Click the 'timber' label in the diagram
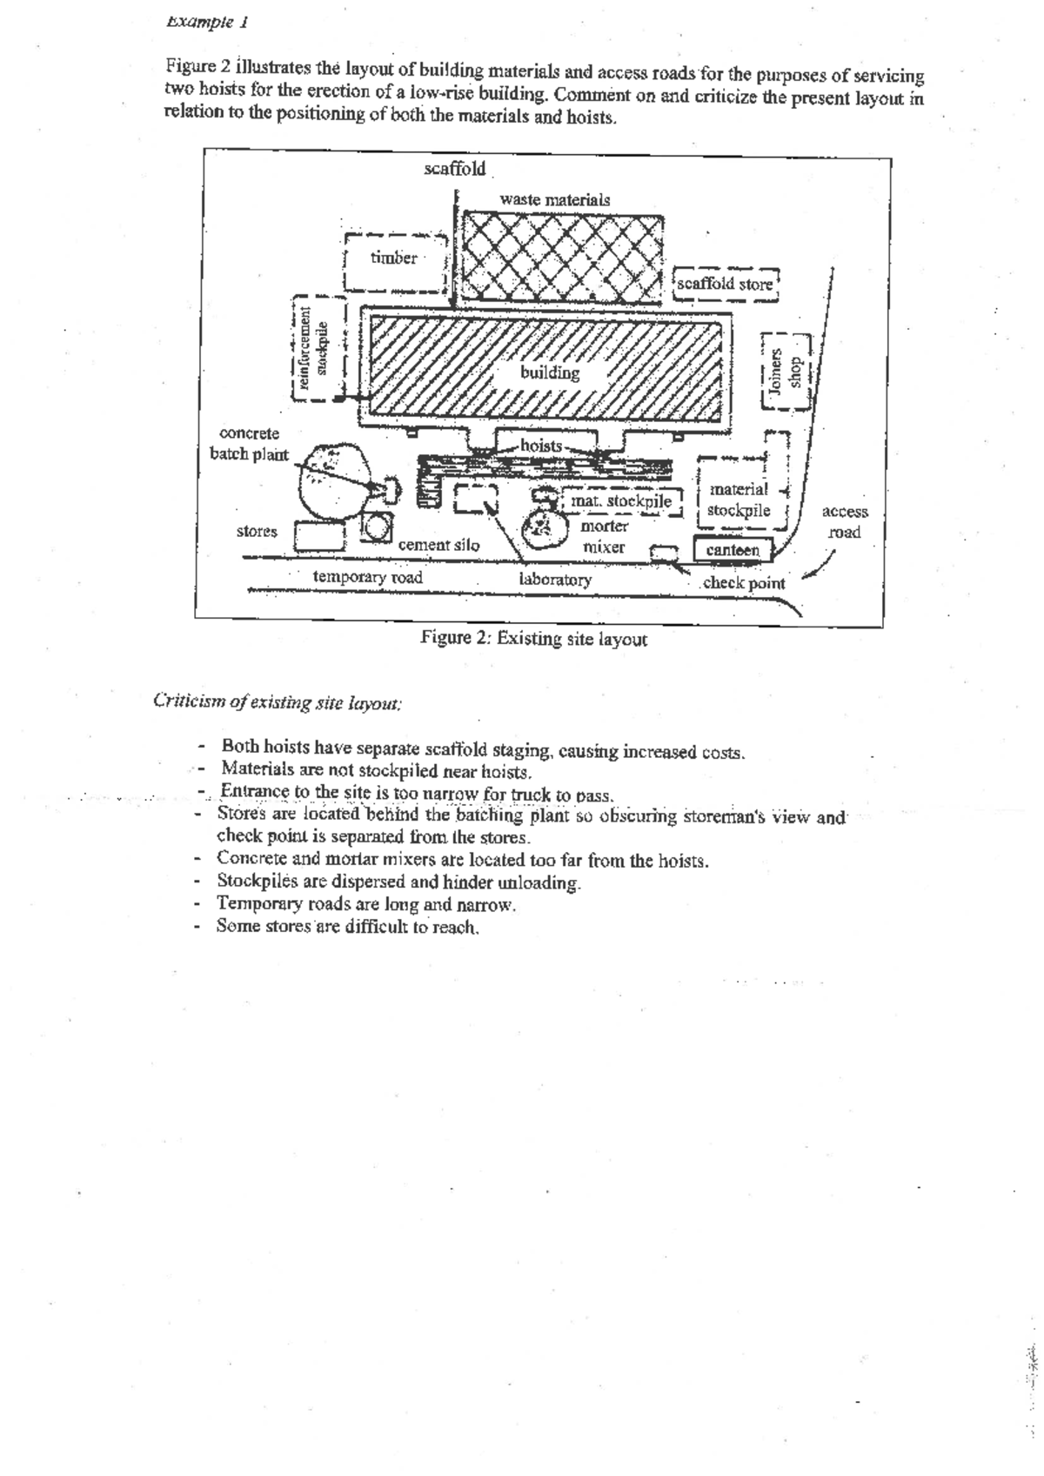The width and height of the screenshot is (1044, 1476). (394, 258)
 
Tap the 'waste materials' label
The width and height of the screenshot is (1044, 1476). (554, 199)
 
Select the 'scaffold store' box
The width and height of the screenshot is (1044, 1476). (725, 284)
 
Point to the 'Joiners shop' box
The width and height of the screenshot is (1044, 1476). (785, 371)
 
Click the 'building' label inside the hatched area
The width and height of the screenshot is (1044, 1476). (550, 372)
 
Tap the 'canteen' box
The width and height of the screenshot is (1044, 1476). (733, 550)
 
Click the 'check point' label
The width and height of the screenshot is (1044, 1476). (743, 583)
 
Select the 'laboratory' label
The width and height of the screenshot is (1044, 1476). (555, 579)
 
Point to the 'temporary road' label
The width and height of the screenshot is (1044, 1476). (368, 577)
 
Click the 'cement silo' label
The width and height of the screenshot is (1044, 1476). (438, 545)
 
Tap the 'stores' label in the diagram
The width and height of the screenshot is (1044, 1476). (257, 531)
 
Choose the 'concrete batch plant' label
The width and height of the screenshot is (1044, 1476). (249, 443)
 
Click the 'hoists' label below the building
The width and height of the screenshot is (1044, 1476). (541, 446)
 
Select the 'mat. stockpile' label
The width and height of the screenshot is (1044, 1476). (621, 501)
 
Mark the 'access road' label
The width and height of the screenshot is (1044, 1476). (844, 522)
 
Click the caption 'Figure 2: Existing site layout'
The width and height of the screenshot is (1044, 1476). (533, 639)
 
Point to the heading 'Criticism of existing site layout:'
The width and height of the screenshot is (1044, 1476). (277, 701)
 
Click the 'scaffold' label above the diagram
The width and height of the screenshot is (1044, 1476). (454, 169)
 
